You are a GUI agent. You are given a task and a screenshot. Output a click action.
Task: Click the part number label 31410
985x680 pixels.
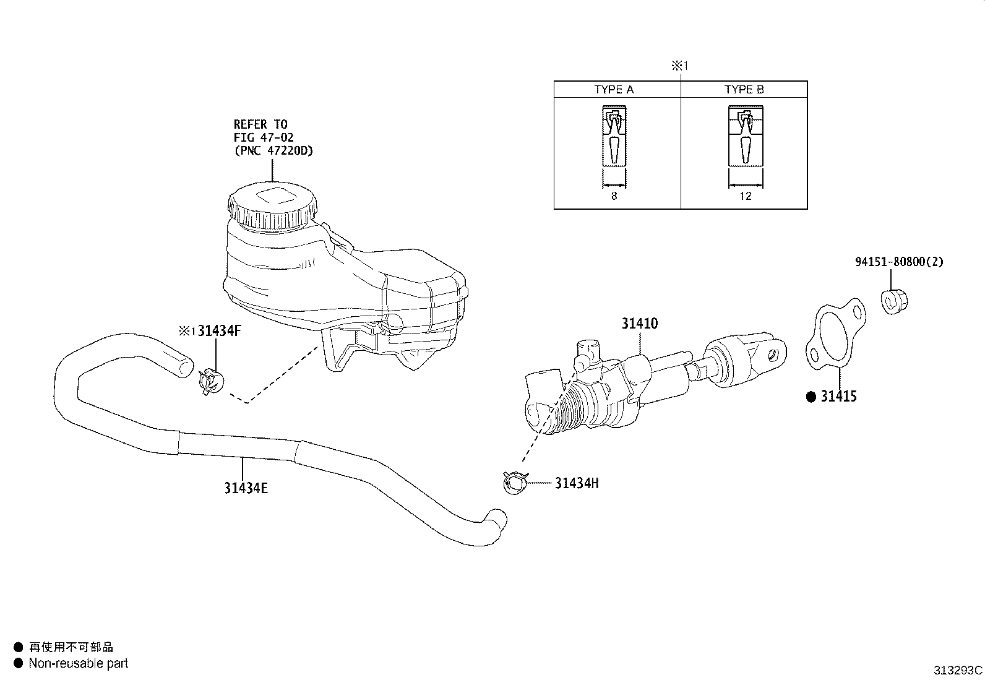pyautogui.click(x=640, y=324)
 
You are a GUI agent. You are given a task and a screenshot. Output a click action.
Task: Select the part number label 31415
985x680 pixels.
pyautogui.click(x=838, y=397)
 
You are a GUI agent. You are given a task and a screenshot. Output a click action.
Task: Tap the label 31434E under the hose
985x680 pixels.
pyautogui.click(x=246, y=488)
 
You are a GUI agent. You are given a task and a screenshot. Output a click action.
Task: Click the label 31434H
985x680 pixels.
pyautogui.click(x=576, y=483)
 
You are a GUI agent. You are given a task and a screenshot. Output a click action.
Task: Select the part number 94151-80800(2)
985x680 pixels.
pyautogui.click(x=899, y=262)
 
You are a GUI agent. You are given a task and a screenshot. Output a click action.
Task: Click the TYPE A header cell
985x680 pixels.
pyautogui.click(x=614, y=90)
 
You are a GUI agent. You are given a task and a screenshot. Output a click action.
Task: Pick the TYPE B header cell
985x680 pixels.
pyautogui.click(x=744, y=90)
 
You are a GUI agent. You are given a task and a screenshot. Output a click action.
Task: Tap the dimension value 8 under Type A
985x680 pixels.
pyautogui.click(x=614, y=196)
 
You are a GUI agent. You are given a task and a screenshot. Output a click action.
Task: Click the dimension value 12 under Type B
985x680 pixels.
pyautogui.click(x=745, y=196)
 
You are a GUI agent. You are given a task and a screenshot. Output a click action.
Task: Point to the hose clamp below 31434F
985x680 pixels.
pyautogui.click(x=211, y=382)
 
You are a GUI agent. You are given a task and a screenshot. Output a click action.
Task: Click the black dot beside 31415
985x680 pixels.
pyautogui.click(x=811, y=397)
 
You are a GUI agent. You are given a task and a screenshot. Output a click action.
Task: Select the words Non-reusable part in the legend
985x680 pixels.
pyautogui.click(x=78, y=663)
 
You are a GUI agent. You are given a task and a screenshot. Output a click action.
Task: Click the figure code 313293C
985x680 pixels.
pyautogui.click(x=958, y=670)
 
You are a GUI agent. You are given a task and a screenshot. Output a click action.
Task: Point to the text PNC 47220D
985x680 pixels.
pyautogui.click(x=273, y=150)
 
